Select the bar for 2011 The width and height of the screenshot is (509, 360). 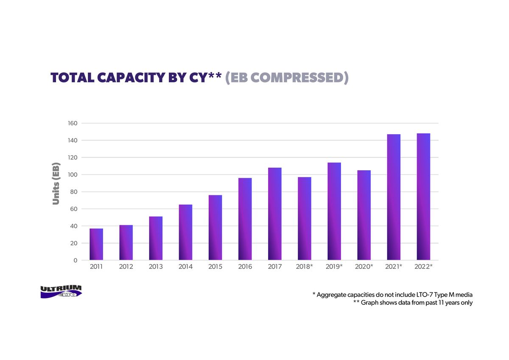(96, 244)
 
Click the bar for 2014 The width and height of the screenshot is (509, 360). (185, 232)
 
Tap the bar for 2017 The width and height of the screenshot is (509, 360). (275, 214)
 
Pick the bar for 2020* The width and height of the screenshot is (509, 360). (364, 215)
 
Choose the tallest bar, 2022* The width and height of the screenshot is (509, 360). (424, 197)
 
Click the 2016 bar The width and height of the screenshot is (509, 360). (245, 219)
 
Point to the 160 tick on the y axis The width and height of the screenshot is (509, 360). (73, 123)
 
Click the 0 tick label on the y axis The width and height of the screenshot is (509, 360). (76, 260)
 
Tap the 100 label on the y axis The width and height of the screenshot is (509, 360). (73, 174)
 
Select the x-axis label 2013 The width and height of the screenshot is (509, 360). (156, 267)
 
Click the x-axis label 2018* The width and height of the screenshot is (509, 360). (304, 267)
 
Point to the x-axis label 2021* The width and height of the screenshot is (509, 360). (394, 267)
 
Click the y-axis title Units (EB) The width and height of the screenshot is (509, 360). (56, 183)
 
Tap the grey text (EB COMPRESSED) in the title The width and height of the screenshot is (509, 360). (287, 78)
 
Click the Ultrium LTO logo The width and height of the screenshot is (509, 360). (61, 292)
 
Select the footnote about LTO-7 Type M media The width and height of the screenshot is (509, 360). (392, 295)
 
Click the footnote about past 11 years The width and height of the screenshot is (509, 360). (413, 303)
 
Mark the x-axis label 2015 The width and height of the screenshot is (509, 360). (215, 267)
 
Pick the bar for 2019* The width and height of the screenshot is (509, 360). (334, 211)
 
